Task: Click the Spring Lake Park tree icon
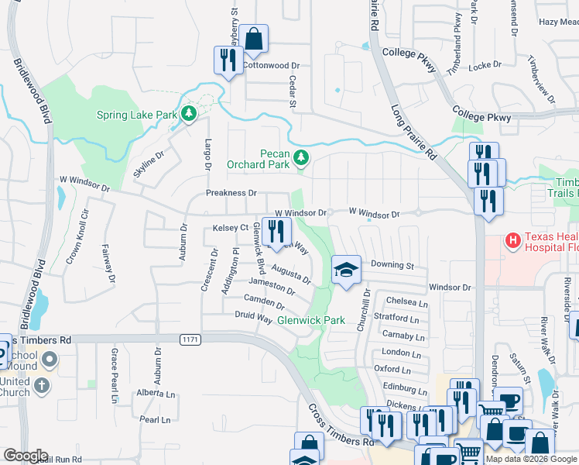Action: tap(188, 115)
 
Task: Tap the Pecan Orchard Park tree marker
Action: tap(301, 159)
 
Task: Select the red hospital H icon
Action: tap(513, 241)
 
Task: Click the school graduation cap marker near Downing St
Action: tap(347, 270)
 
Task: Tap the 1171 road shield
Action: tap(190, 339)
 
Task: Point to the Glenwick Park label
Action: tap(311, 319)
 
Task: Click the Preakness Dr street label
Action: tap(231, 193)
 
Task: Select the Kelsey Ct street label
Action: tap(230, 228)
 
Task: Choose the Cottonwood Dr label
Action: tap(271, 66)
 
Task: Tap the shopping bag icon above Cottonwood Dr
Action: tap(253, 38)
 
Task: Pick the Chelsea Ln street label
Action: tap(406, 301)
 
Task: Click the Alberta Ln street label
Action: tap(156, 394)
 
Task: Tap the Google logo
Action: tap(25, 456)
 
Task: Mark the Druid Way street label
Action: tap(253, 315)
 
